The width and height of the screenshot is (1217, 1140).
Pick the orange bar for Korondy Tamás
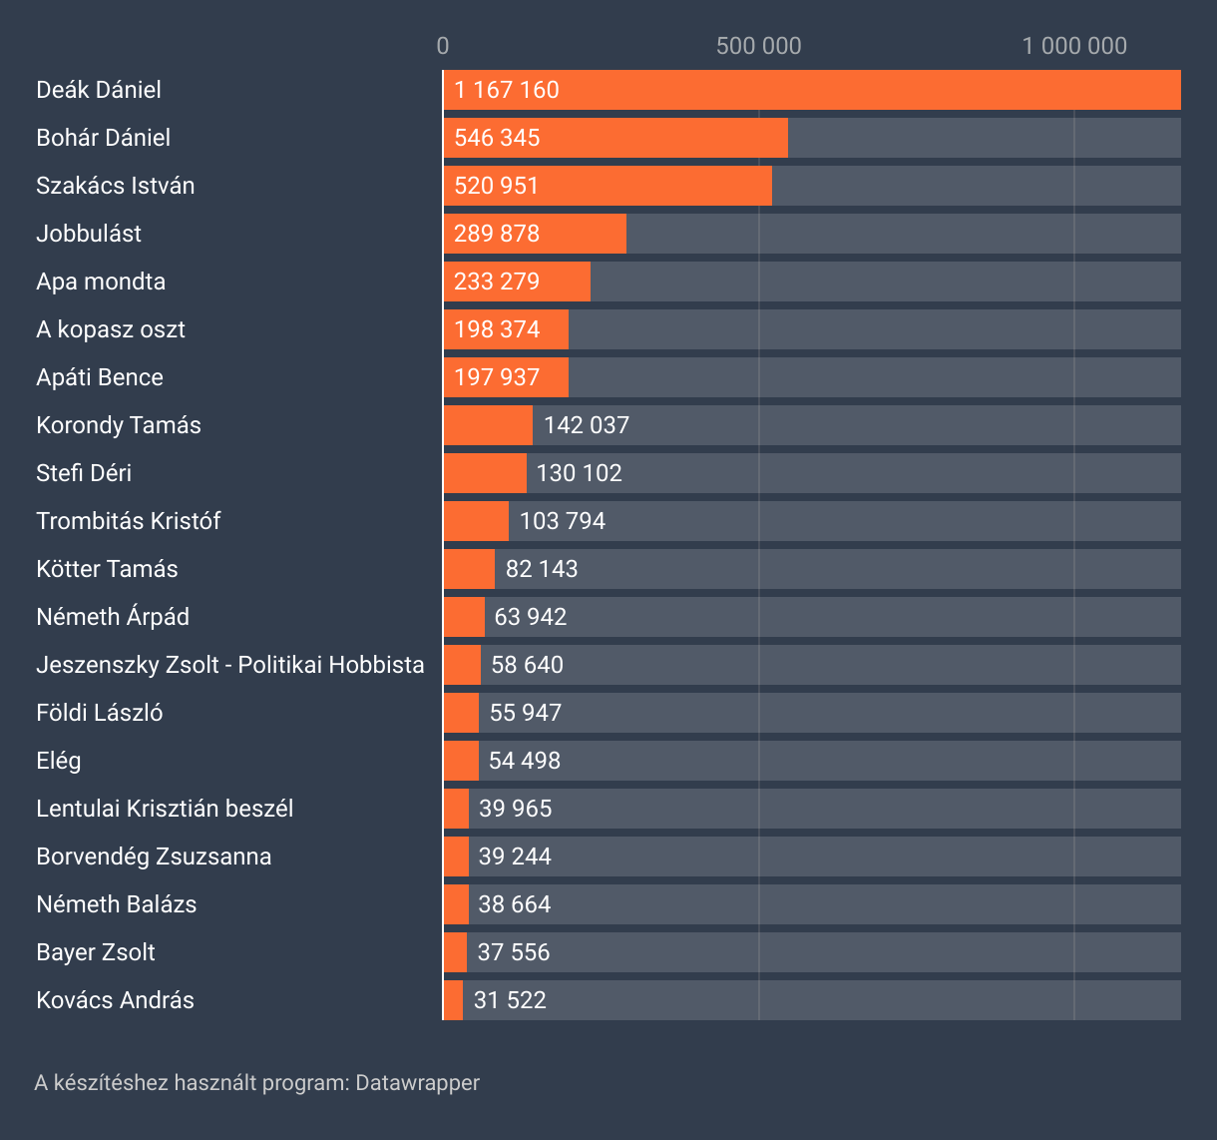[488, 425]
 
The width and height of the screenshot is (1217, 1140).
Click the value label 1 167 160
[507, 90]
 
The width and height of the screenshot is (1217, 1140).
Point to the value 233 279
[497, 282]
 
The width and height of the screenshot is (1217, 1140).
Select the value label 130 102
[580, 473]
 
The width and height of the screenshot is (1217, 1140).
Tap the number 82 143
[542, 569]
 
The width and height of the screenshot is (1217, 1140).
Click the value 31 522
[510, 1000]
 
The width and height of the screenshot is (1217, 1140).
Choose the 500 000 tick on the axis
[758, 46]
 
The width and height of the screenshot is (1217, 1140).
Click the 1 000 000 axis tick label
[1074, 46]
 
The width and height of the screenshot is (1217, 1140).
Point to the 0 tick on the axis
[443, 46]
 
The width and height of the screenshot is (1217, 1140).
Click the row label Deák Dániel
[99, 90]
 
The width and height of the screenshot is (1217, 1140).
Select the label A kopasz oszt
[111, 329]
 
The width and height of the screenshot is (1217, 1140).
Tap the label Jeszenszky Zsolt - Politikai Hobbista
[230, 665]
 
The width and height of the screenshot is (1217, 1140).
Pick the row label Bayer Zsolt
[96, 952]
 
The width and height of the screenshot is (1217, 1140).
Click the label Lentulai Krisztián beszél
[165, 809]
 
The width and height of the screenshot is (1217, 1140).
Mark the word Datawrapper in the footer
[417, 1082]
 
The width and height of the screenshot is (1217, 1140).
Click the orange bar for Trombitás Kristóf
[476, 521]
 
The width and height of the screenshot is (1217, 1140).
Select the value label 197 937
[497, 377]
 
